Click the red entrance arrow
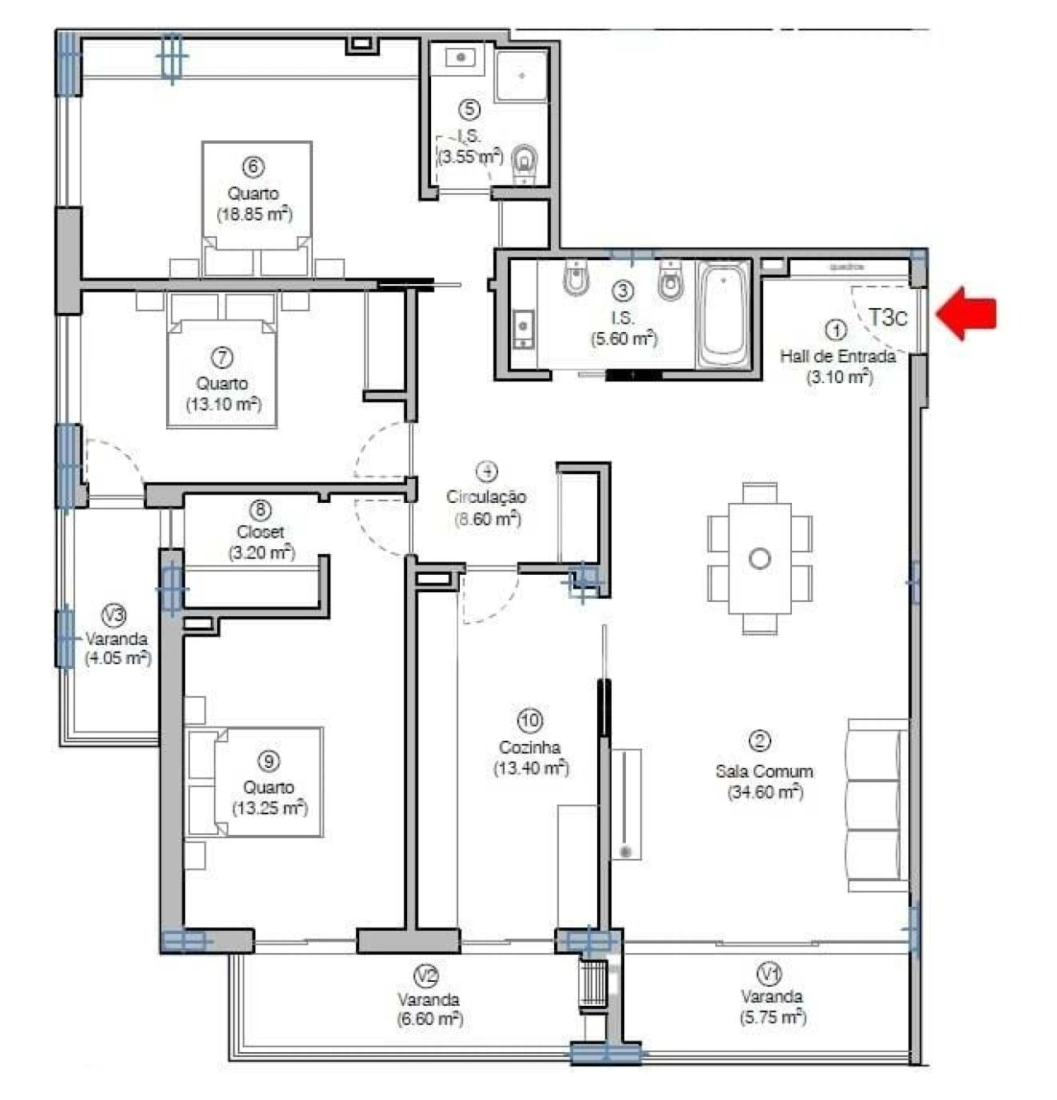[968, 314]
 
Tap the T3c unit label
[887, 318]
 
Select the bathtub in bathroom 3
[723, 315]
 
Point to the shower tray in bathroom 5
[521, 75]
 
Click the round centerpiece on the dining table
[760, 559]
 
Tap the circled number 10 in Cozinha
[529, 721]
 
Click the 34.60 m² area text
[765, 792]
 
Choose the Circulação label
[486, 496]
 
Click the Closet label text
[260, 532]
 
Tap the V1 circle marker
[770, 974]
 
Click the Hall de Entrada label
[837, 357]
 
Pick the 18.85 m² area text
[254, 215]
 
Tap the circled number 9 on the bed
[268, 761]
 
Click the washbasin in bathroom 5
[462, 58]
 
